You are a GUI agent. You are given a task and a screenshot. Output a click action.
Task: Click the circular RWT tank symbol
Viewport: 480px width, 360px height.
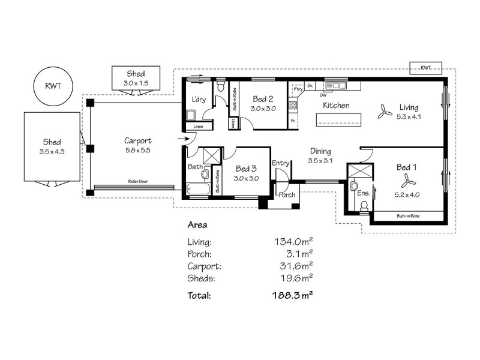point(52,86)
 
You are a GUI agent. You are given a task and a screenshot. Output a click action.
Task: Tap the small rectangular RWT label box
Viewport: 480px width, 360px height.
point(425,68)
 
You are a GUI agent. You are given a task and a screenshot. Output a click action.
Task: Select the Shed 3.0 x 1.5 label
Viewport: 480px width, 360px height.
point(135,78)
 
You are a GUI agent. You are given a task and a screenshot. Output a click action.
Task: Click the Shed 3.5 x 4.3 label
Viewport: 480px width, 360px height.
point(52,146)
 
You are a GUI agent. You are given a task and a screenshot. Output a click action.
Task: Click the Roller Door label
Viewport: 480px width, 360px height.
point(138,181)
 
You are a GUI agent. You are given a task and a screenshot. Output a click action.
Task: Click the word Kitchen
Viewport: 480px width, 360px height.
point(336,106)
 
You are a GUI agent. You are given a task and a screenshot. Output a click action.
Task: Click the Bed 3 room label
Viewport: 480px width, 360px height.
point(247,173)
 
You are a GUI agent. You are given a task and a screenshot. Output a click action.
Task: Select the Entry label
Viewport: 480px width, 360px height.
point(280,163)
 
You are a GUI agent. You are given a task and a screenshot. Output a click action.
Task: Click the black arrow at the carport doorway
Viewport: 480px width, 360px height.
point(182,140)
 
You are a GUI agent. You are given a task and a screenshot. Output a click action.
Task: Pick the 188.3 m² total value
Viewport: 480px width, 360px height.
point(293,295)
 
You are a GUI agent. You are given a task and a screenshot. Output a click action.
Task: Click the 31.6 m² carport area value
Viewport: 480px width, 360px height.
point(294,265)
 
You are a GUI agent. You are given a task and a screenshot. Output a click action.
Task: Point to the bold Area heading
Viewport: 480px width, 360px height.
point(197,226)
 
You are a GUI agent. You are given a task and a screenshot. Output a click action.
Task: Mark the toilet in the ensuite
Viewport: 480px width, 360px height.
point(363,206)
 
